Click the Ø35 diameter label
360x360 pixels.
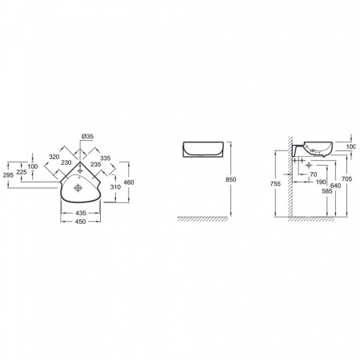[x=87, y=136]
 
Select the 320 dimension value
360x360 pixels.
[x=54, y=157]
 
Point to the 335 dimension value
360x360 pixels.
[x=106, y=158]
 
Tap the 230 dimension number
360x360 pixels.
[x=66, y=162]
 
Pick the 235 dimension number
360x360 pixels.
[x=95, y=164]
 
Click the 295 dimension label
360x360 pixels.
[x=8, y=175]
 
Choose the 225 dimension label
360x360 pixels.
[x=22, y=172]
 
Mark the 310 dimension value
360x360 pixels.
[x=115, y=187]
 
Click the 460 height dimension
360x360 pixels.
[x=129, y=182]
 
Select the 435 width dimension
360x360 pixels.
[x=81, y=213]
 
